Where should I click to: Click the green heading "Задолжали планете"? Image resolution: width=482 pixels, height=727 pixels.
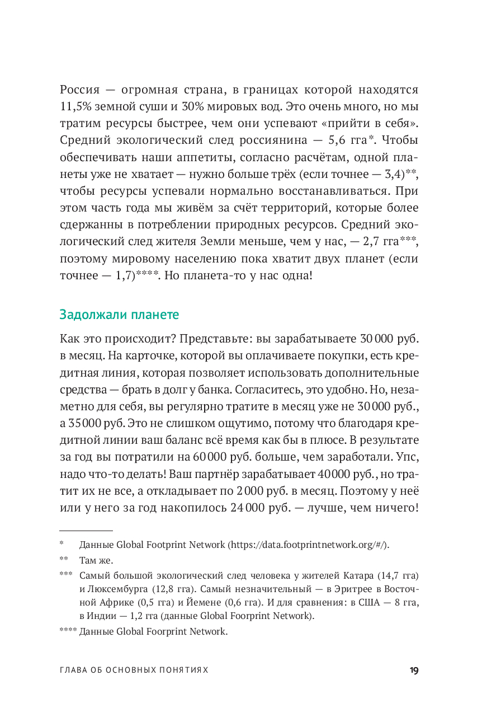tap(119, 315)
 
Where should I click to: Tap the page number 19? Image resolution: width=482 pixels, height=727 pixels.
tap(414, 670)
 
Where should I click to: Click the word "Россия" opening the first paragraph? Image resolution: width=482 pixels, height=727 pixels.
tap(79, 90)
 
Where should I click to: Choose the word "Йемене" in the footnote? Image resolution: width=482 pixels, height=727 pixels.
tap(210, 603)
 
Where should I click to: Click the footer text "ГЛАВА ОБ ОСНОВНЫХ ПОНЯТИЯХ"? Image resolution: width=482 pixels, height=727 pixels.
tap(134, 670)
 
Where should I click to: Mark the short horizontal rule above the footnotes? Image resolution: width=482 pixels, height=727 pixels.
tap(86, 529)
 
